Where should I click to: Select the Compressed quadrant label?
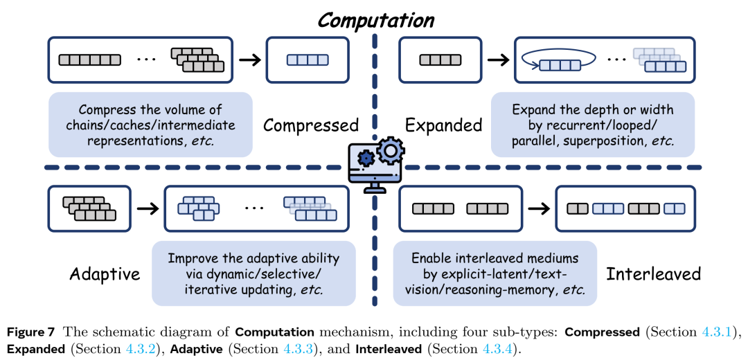click(311, 125)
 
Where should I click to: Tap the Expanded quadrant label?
click(443, 125)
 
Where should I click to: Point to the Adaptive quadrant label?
click(105, 274)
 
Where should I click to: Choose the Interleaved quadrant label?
click(654, 274)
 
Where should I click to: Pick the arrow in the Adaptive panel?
click(146, 207)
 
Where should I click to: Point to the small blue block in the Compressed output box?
click(307, 60)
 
